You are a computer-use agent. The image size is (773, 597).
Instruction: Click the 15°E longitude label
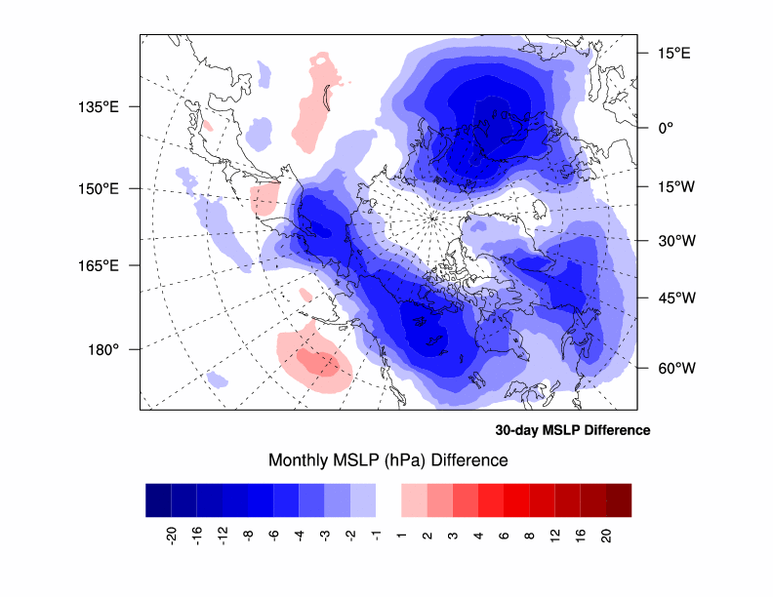672,54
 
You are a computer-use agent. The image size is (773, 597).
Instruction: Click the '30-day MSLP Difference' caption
572,430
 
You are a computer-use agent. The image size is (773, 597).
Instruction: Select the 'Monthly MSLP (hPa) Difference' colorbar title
387,459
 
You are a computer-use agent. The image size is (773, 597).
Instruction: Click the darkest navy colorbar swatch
158,499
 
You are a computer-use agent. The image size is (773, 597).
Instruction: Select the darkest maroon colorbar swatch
619,499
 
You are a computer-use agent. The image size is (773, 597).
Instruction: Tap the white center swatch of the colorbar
388,499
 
